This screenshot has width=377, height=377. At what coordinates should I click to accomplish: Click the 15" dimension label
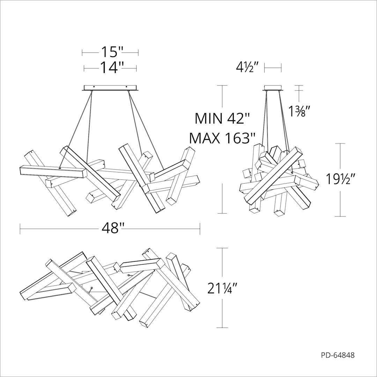tap(112, 52)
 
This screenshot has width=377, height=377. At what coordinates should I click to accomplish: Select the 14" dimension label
tap(112, 68)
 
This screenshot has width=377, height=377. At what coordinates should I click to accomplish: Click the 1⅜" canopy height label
tap(299, 112)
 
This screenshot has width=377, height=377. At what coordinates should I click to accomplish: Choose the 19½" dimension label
tap(340, 179)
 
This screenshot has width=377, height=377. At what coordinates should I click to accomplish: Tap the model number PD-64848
tap(338, 355)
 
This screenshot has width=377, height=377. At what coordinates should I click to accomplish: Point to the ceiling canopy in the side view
tap(273, 88)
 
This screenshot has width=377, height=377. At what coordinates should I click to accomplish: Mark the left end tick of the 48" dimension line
tap(20, 228)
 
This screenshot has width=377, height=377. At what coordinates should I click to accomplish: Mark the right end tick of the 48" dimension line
tap(200, 228)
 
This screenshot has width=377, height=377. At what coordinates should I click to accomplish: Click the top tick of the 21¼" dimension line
tap(222, 248)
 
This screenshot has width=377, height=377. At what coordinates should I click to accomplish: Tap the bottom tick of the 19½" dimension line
tap(340, 216)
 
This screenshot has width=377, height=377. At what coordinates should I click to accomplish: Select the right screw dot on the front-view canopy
tap(127, 87)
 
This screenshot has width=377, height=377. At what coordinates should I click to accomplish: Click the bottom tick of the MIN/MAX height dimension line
tap(222, 213)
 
